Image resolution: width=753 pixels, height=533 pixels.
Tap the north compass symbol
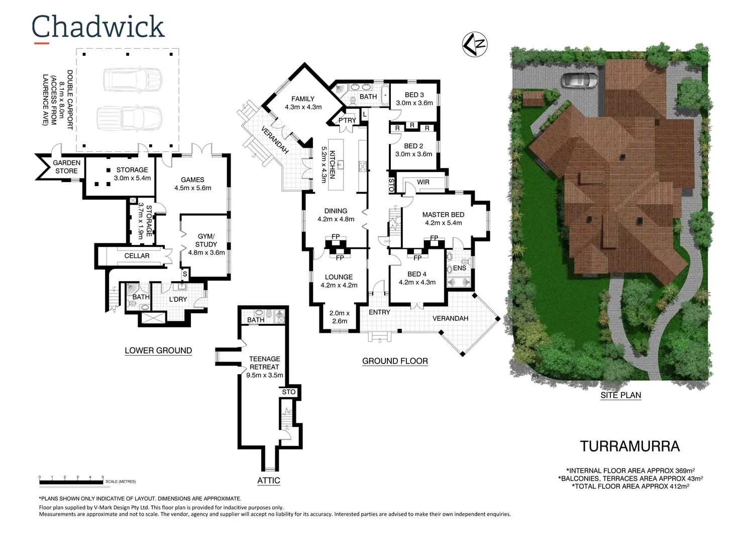point(474,44)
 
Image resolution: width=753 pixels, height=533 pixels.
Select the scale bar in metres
point(71,482)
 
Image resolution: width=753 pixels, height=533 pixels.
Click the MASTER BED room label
point(443,219)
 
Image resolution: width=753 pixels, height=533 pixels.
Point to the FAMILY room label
point(303,103)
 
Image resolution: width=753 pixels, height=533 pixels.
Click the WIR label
point(423,182)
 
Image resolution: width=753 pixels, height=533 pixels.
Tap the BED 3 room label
point(414,99)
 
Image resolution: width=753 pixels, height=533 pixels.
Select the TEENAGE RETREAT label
point(265,367)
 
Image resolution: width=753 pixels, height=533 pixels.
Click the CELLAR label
point(137,256)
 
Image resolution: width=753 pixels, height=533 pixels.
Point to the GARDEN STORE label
point(66,166)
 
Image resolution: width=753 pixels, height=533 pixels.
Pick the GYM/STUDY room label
point(206,244)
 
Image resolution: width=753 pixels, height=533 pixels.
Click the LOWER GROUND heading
point(158,350)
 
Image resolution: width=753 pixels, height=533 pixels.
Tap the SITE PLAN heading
point(620,395)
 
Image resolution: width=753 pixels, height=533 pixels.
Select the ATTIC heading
point(268,481)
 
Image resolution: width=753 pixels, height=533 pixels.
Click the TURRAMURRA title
point(629,446)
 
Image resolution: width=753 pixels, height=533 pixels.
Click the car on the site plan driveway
point(579,80)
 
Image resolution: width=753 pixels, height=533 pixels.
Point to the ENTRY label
point(379,312)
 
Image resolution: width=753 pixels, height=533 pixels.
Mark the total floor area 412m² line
point(630,486)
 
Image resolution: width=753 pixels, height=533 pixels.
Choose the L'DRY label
point(178,299)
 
